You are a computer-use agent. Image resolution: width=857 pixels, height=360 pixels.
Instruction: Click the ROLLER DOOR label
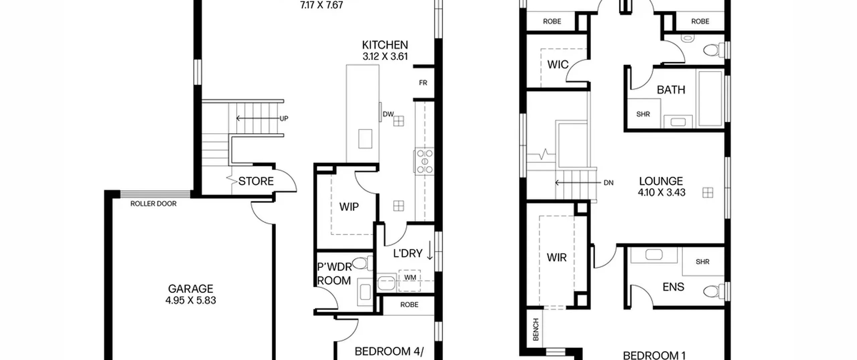(x=153, y=204)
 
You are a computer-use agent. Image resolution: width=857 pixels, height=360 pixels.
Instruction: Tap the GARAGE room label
(x=190, y=289)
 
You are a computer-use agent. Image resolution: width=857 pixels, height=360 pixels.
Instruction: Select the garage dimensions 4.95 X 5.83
(x=190, y=300)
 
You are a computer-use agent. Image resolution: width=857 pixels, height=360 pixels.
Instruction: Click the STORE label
(x=256, y=181)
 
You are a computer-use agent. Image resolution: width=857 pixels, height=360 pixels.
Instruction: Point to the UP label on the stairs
(x=284, y=119)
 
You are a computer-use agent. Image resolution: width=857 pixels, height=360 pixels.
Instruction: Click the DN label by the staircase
(x=608, y=183)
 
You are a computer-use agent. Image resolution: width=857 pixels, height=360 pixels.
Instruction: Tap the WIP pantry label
(x=349, y=207)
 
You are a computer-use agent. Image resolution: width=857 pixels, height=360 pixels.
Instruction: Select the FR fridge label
(x=423, y=83)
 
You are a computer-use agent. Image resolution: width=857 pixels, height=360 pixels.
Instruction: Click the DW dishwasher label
(x=388, y=114)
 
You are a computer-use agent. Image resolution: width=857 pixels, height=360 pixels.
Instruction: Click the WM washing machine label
(x=410, y=277)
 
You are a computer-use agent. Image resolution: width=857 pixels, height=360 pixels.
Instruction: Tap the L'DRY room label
(x=408, y=254)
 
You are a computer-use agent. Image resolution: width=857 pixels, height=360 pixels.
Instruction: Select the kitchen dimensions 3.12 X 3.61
(x=385, y=56)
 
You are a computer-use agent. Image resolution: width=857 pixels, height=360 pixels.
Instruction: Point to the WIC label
(x=558, y=64)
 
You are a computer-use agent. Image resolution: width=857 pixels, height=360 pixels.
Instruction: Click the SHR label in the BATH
(x=643, y=114)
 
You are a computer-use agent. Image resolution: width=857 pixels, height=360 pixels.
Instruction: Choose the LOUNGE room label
(x=661, y=181)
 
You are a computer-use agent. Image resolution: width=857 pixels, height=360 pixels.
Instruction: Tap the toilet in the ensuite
(x=714, y=291)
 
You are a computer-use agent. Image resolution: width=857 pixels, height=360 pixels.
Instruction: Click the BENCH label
(x=536, y=330)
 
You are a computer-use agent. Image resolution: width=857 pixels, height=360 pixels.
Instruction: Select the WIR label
(x=556, y=258)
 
